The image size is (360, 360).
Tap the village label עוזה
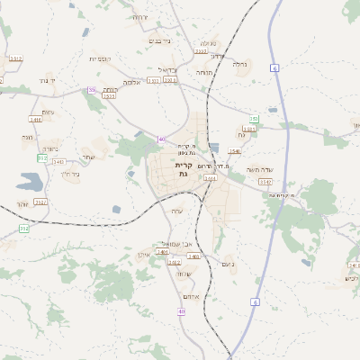click(177, 211)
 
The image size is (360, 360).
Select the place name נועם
click(228, 264)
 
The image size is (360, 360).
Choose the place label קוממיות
click(98, 58)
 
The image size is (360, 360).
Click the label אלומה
click(133, 82)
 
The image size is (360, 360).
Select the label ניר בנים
click(157, 40)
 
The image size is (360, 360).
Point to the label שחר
click(88, 157)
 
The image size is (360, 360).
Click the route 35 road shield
click(91, 89)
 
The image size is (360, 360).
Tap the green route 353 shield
click(255, 119)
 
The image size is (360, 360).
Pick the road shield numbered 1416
click(36, 119)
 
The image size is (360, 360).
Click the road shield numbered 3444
click(210, 178)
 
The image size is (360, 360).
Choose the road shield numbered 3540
click(235, 151)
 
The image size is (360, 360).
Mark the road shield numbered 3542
click(265, 181)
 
